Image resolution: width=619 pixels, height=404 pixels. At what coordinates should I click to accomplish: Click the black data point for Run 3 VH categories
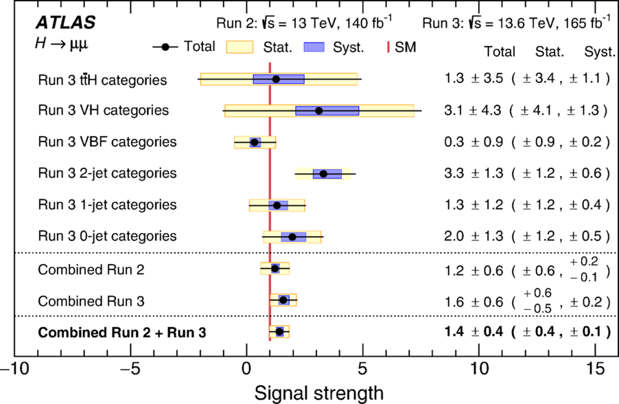click(318, 111)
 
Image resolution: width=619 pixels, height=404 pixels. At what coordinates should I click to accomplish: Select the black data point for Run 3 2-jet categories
click(323, 174)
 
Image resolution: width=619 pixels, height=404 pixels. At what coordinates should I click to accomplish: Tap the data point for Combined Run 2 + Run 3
click(279, 332)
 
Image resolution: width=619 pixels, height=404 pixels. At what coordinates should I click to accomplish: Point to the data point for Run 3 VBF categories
click(255, 142)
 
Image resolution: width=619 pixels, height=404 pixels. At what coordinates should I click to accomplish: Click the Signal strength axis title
click(319, 394)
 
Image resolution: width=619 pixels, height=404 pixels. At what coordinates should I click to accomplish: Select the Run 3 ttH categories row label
click(103, 80)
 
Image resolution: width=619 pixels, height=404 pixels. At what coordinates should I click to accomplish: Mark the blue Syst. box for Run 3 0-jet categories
click(293, 237)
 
